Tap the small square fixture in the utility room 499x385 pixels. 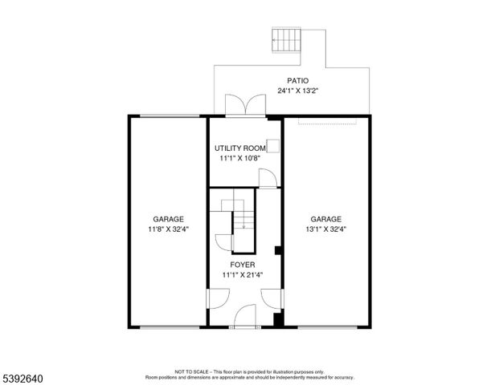tap(272, 145)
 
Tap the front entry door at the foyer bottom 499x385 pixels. tap(244, 318)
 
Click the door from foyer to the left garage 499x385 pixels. tap(214, 299)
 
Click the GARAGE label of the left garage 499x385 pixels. tap(169, 219)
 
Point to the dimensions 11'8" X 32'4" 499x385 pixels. tap(169, 229)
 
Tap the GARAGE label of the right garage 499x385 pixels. tap(326, 219)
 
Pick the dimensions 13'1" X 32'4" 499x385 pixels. tap(326, 229)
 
